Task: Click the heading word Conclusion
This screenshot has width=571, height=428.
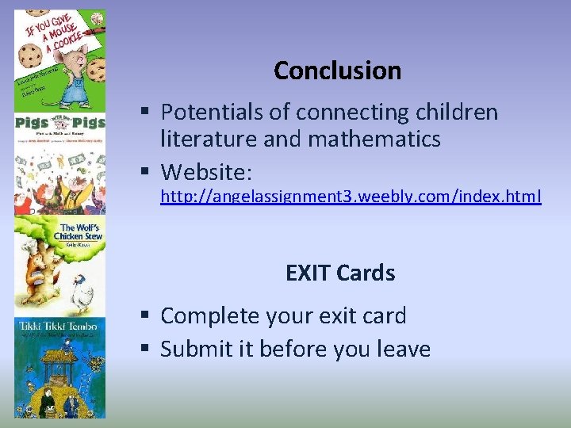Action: click(337, 71)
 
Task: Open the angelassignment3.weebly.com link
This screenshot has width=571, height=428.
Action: click(351, 196)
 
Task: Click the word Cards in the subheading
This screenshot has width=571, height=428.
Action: click(366, 273)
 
